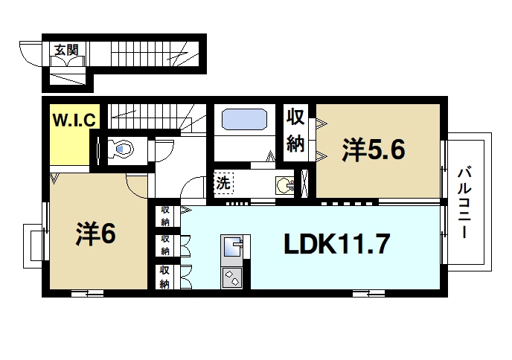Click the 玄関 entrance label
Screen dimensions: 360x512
pos(66,50)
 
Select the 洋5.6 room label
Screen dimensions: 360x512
pos(373,150)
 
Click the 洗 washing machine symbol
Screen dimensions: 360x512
pos(223,182)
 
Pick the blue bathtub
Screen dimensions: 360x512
pos(244,119)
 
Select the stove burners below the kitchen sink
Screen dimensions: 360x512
pos(231,278)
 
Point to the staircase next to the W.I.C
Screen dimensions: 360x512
pos(149,115)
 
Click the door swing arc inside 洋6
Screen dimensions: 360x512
pos(137,183)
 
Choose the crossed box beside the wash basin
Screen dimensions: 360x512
pos(304,183)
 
